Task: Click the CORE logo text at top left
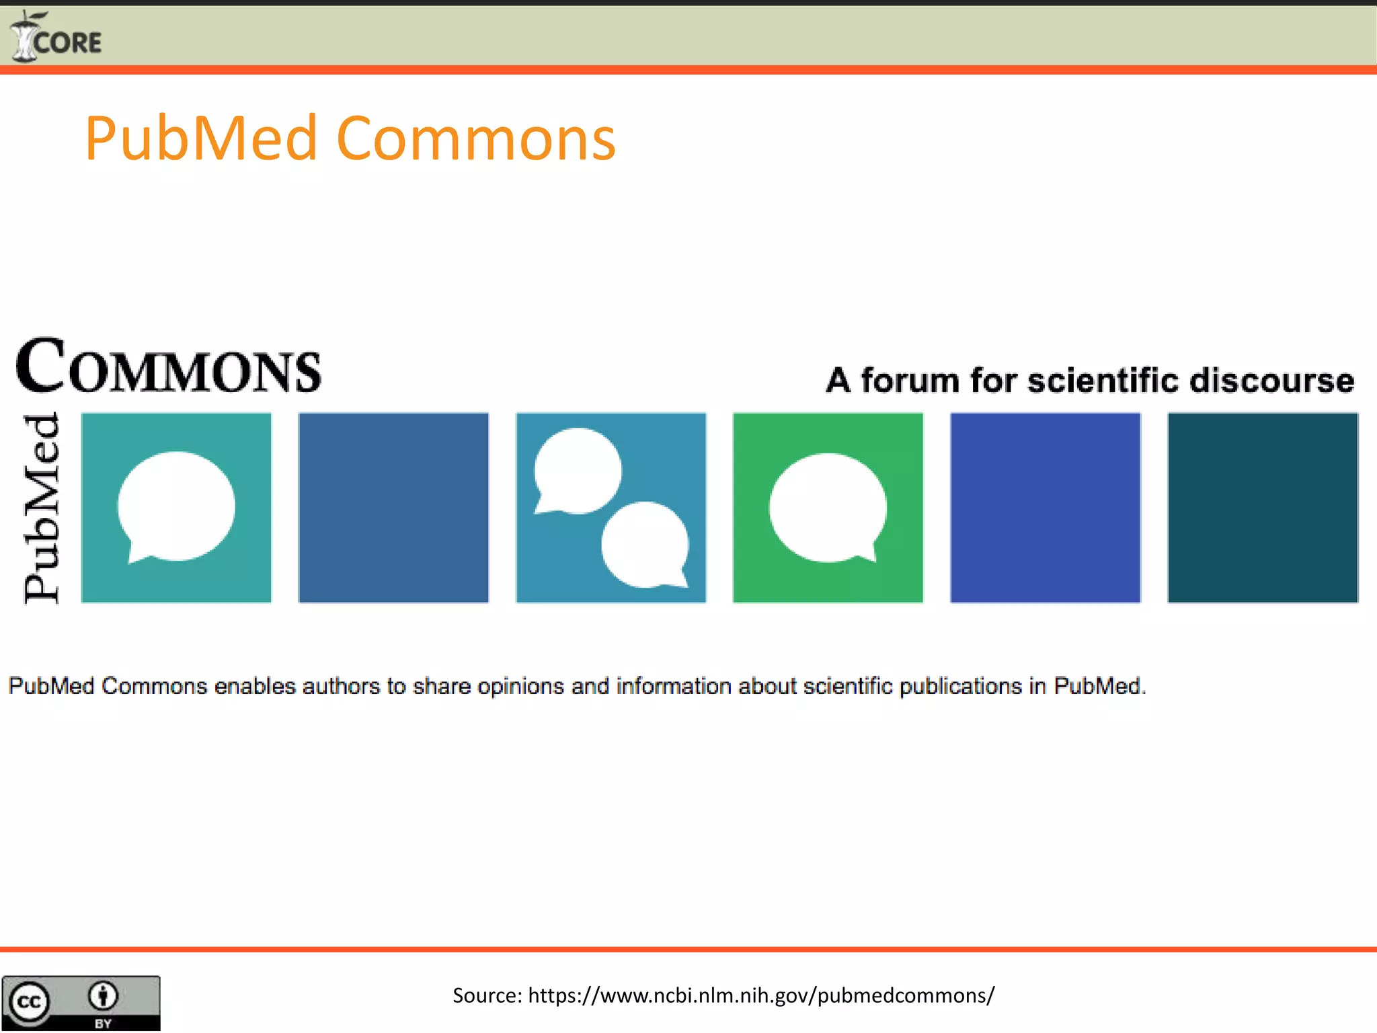point(67,43)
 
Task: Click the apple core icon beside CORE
point(24,37)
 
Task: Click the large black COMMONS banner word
point(168,367)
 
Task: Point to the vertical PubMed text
point(42,508)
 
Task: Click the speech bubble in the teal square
point(176,506)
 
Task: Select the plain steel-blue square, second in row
point(393,508)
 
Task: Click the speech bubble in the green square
point(828,507)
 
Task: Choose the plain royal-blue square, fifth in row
point(1045,508)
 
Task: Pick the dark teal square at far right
point(1262,508)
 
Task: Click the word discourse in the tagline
point(1271,381)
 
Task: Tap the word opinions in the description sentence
point(520,686)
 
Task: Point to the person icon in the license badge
point(103,996)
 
